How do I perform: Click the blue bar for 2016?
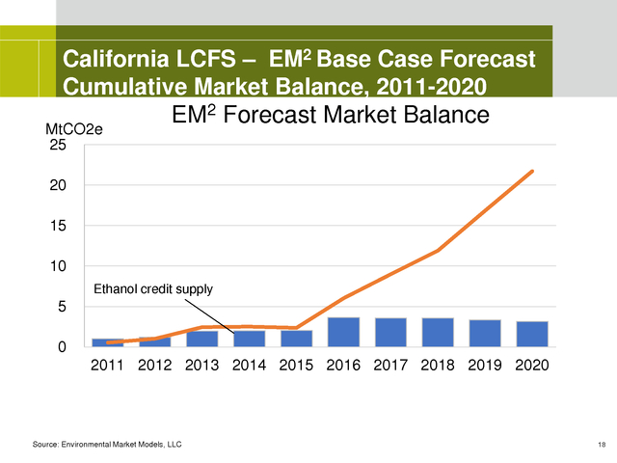pyautogui.click(x=343, y=332)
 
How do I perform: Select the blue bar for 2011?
pyautogui.click(x=108, y=342)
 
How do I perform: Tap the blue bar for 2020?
pyautogui.click(x=531, y=334)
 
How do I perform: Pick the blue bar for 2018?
pyautogui.click(x=438, y=332)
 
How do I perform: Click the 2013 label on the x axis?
pyautogui.click(x=202, y=367)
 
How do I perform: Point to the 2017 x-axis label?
pyautogui.click(x=390, y=367)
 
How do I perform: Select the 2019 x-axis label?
pyautogui.click(x=485, y=367)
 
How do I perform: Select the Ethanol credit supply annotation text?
pyautogui.click(x=152, y=288)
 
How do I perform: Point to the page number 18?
pyautogui.click(x=602, y=443)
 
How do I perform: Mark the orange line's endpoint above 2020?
pyautogui.click(x=531, y=172)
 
